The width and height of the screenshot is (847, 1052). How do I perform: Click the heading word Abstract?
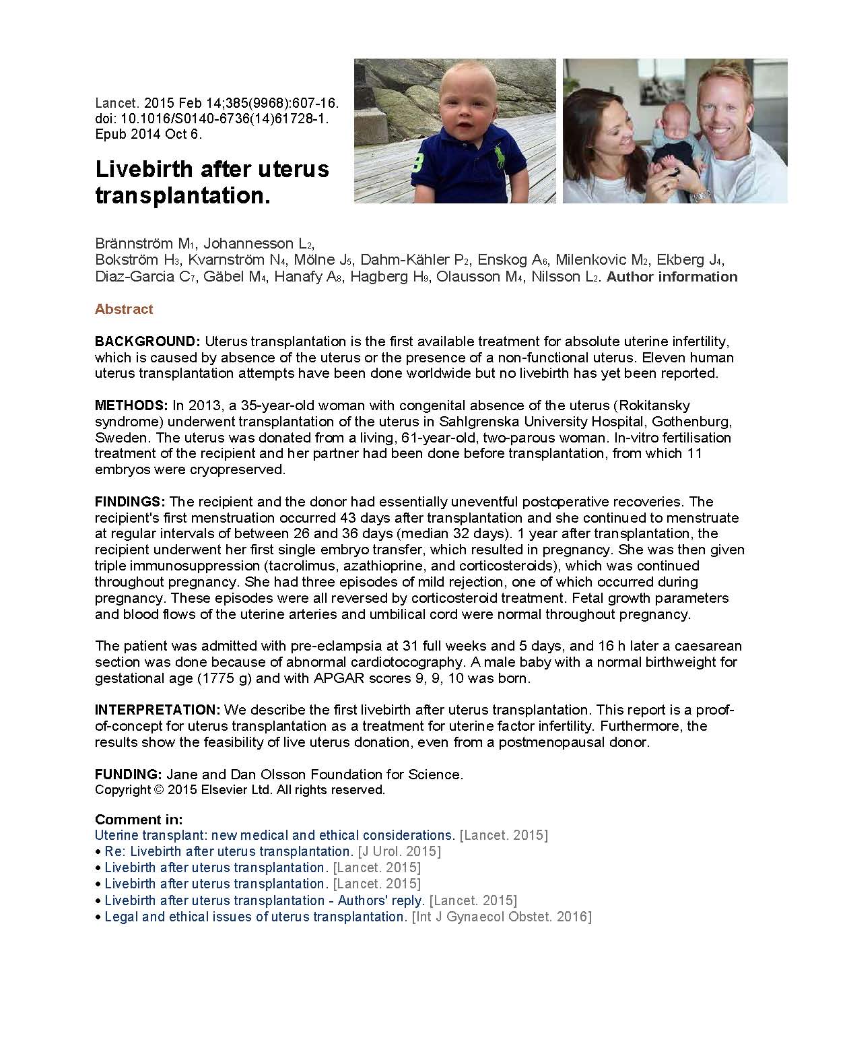[x=124, y=309]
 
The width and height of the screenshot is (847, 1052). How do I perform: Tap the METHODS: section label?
[x=131, y=405]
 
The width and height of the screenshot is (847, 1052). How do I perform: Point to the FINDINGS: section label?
[x=130, y=502]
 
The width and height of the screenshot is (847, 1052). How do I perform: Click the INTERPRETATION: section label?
[x=158, y=710]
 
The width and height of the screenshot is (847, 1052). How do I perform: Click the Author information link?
[x=672, y=277]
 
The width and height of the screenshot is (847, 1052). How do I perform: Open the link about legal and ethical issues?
[x=256, y=917]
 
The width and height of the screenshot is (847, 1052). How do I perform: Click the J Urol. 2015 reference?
[x=399, y=851]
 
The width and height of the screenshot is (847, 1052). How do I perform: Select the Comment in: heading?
[x=139, y=820]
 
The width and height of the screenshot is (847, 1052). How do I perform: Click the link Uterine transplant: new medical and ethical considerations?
[x=275, y=835]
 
